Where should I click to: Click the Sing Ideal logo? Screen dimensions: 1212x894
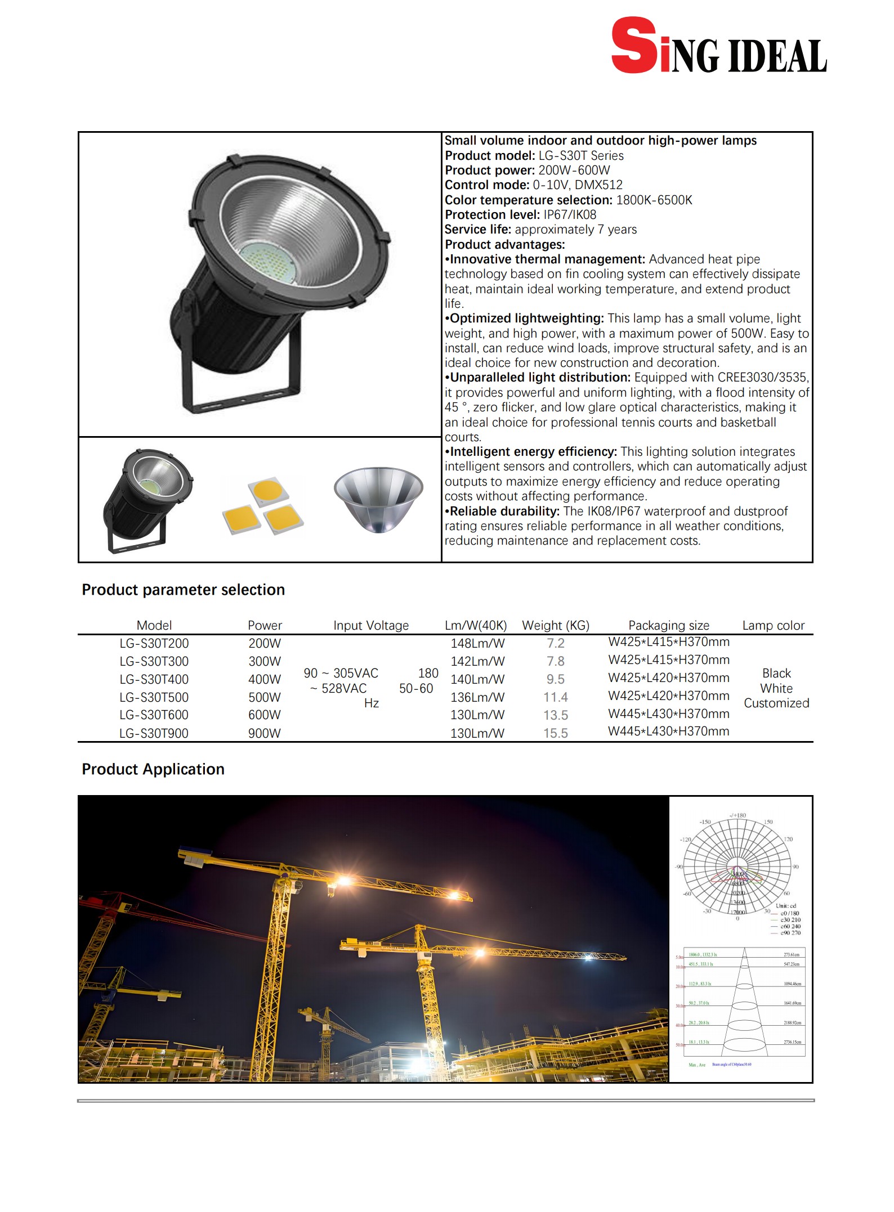click(718, 46)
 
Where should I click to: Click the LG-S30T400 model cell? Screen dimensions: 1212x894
click(154, 679)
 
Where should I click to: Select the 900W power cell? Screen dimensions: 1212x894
click(264, 733)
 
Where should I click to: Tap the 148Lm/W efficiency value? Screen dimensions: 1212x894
click(477, 643)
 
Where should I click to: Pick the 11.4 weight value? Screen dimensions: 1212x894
click(555, 697)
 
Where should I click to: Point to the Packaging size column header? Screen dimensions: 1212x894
click(668, 625)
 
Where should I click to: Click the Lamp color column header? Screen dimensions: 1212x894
click(773, 625)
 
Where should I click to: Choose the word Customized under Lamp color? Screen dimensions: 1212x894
click(776, 703)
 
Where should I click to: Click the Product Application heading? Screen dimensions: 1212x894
click(153, 769)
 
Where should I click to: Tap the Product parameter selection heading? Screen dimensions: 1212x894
click(183, 590)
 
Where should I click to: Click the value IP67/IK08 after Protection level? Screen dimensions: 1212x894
click(569, 214)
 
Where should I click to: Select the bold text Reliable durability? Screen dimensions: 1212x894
click(504, 511)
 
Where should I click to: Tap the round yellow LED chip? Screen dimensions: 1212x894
click(267, 490)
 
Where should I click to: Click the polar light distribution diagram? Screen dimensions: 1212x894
click(736, 869)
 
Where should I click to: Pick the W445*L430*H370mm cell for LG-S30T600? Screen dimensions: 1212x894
click(668, 713)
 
